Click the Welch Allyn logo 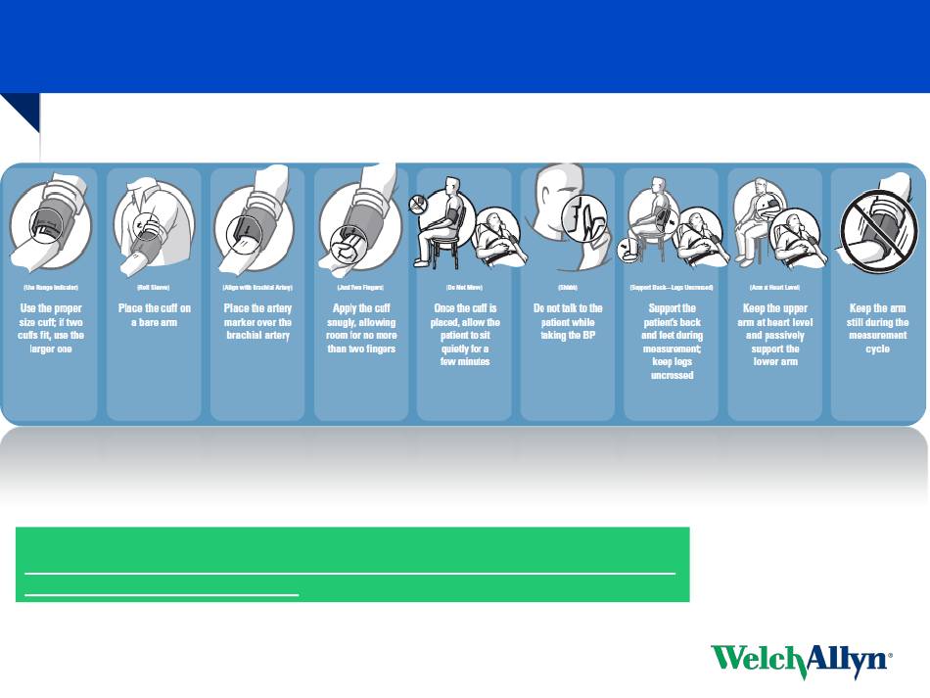click(x=801, y=662)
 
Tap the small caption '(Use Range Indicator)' click(x=50, y=288)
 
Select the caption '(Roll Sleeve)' click(x=154, y=288)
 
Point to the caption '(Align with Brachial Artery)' click(x=257, y=288)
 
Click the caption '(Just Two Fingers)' click(x=361, y=288)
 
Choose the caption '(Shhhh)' click(x=568, y=288)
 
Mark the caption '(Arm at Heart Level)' click(x=774, y=288)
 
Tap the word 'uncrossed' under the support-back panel click(x=672, y=375)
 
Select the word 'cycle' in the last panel click(x=877, y=349)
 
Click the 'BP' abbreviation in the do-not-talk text click(x=589, y=336)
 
